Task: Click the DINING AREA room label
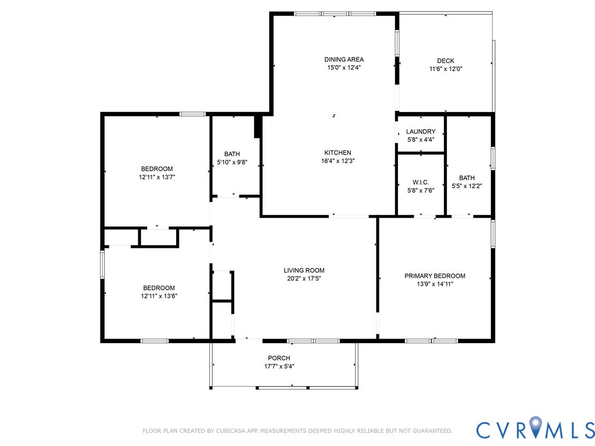click(x=344, y=59)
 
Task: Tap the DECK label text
click(x=446, y=60)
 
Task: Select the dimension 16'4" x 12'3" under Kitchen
click(x=338, y=161)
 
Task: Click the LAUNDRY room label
click(x=421, y=131)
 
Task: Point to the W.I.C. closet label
click(x=421, y=182)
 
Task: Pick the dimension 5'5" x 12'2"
click(x=467, y=186)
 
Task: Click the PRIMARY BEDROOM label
click(x=435, y=276)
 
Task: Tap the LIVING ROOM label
click(x=304, y=271)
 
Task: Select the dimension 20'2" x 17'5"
click(x=304, y=279)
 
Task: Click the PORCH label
click(x=279, y=358)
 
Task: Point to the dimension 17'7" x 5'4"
click(x=279, y=366)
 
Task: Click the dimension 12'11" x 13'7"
click(x=157, y=177)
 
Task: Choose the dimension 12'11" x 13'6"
click(x=159, y=296)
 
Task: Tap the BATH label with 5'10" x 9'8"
click(x=232, y=154)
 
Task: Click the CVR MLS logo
click(x=535, y=429)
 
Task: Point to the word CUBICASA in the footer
click(x=231, y=431)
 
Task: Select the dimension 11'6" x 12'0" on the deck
click(x=446, y=69)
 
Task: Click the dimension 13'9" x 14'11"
click(x=435, y=284)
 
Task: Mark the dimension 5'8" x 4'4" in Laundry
click(x=421, y=139)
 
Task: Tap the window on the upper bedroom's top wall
click(x=192, y=114)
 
